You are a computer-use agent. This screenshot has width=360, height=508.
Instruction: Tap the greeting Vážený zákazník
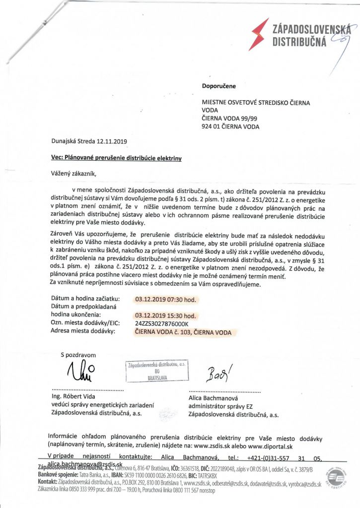[72, 173]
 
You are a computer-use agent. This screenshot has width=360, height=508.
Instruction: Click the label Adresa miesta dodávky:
[83, 331]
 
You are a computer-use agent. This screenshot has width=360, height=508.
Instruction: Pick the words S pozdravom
[78, 355]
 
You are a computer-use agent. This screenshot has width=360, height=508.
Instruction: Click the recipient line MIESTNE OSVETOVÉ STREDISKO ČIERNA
[255, 103]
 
